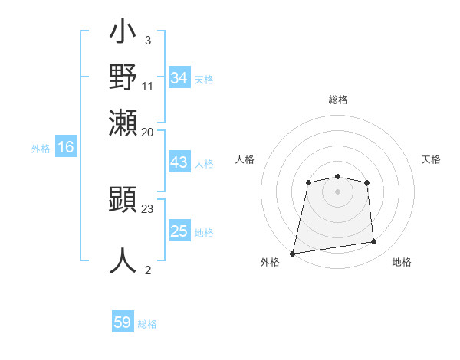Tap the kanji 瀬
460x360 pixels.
123,120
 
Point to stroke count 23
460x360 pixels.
148,208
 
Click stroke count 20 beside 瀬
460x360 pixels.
148,132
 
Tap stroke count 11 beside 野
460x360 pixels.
148,86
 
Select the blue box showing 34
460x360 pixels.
179,77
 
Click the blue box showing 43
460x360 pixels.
179,162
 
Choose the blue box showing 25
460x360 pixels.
179,231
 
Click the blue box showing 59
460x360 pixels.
123,322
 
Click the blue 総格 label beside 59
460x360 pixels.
148,324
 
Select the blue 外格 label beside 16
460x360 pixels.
41,149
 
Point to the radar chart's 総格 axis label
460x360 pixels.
338,100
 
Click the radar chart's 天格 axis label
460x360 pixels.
431,159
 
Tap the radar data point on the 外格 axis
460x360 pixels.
292,254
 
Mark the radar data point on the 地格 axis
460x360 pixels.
374,242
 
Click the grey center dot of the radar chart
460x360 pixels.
338,191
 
